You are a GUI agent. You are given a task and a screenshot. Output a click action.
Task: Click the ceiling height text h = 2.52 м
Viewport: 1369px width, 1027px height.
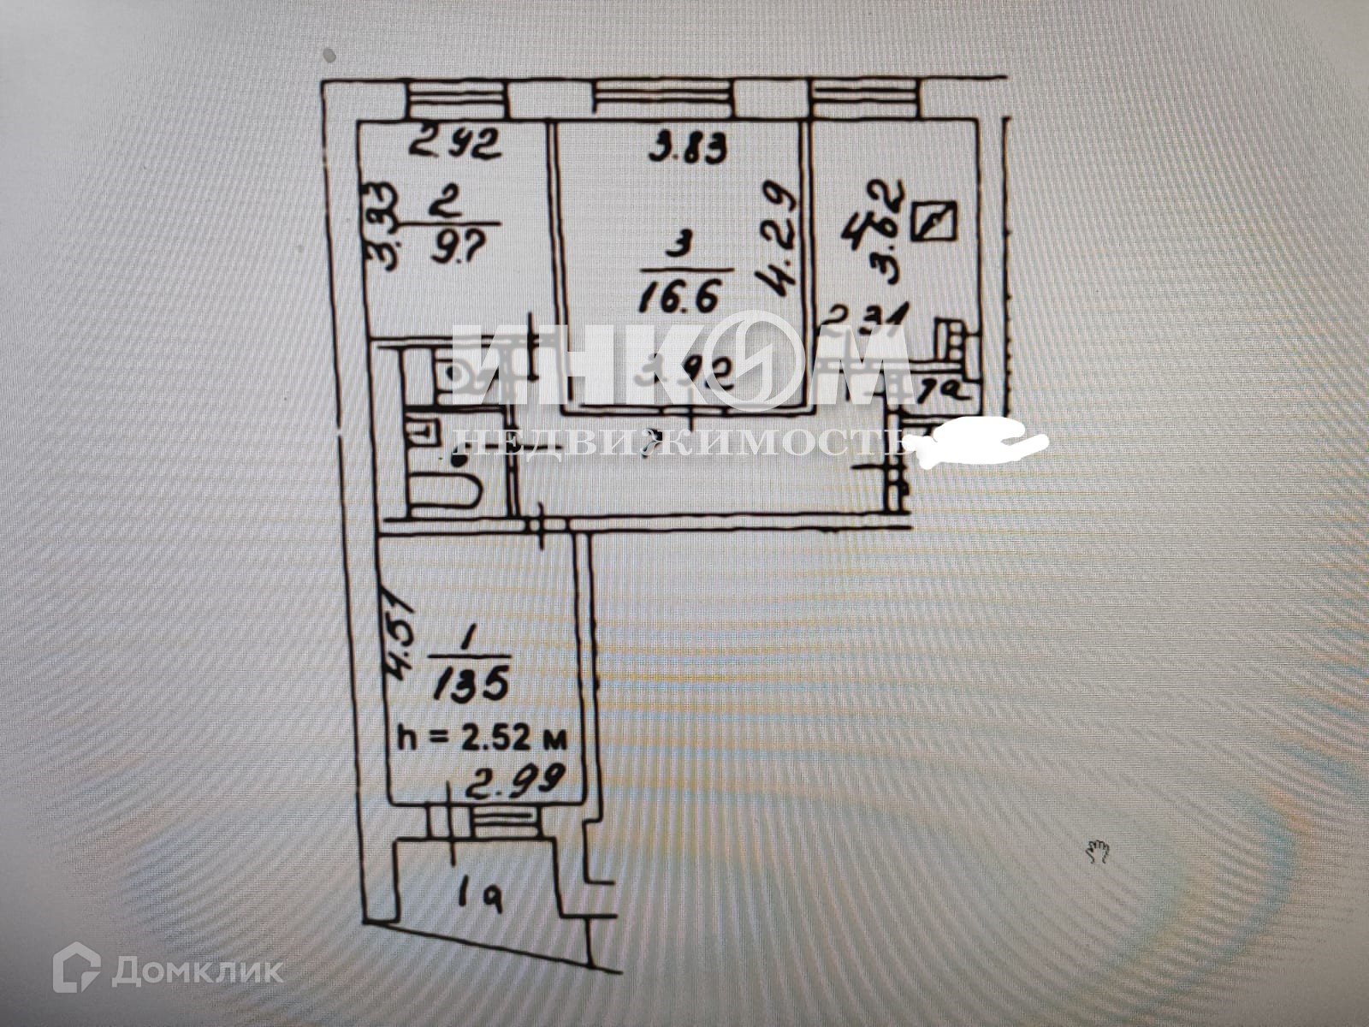pos(481,735)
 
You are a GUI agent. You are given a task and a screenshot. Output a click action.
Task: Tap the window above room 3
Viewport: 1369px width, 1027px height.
pos(664,100)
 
